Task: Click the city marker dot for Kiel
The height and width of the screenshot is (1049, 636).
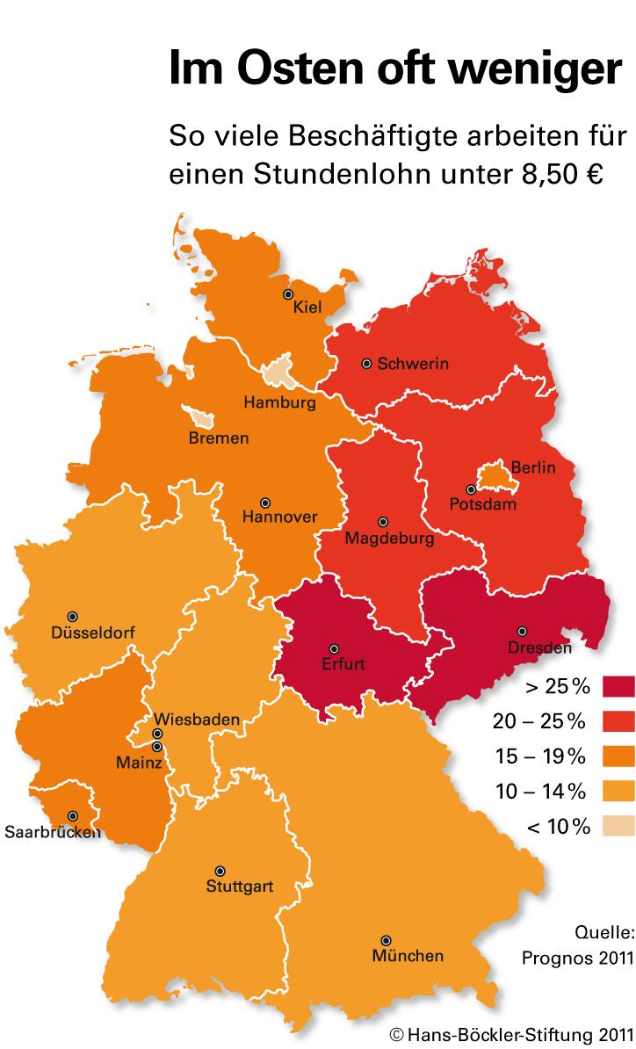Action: tap(287, 294)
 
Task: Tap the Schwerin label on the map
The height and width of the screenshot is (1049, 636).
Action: tap(413, 364)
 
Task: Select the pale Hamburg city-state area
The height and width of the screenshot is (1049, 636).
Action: tap(279, 372)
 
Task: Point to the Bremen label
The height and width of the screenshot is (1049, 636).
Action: tap(219, 438)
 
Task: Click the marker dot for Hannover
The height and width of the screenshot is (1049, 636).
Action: tap(264, 503)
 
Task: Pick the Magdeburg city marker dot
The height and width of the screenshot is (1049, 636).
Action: tap(382, 522)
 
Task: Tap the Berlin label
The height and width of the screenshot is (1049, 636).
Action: tap(533, 467)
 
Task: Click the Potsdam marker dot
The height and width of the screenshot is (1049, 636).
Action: tap(471, 489)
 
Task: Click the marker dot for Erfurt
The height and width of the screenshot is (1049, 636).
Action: tap(334, 648)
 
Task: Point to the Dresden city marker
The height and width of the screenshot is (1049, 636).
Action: tap(523, 631)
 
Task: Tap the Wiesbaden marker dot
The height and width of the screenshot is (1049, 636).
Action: tap(157, 734)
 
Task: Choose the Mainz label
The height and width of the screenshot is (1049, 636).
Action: tap(139, 763)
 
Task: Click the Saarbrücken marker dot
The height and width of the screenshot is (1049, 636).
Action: tap(73, 815)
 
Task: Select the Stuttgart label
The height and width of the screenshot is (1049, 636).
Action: tap(239, 886)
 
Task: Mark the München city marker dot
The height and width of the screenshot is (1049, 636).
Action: tap(386, 940)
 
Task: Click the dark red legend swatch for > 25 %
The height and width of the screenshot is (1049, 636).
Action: tap(618, 685)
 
